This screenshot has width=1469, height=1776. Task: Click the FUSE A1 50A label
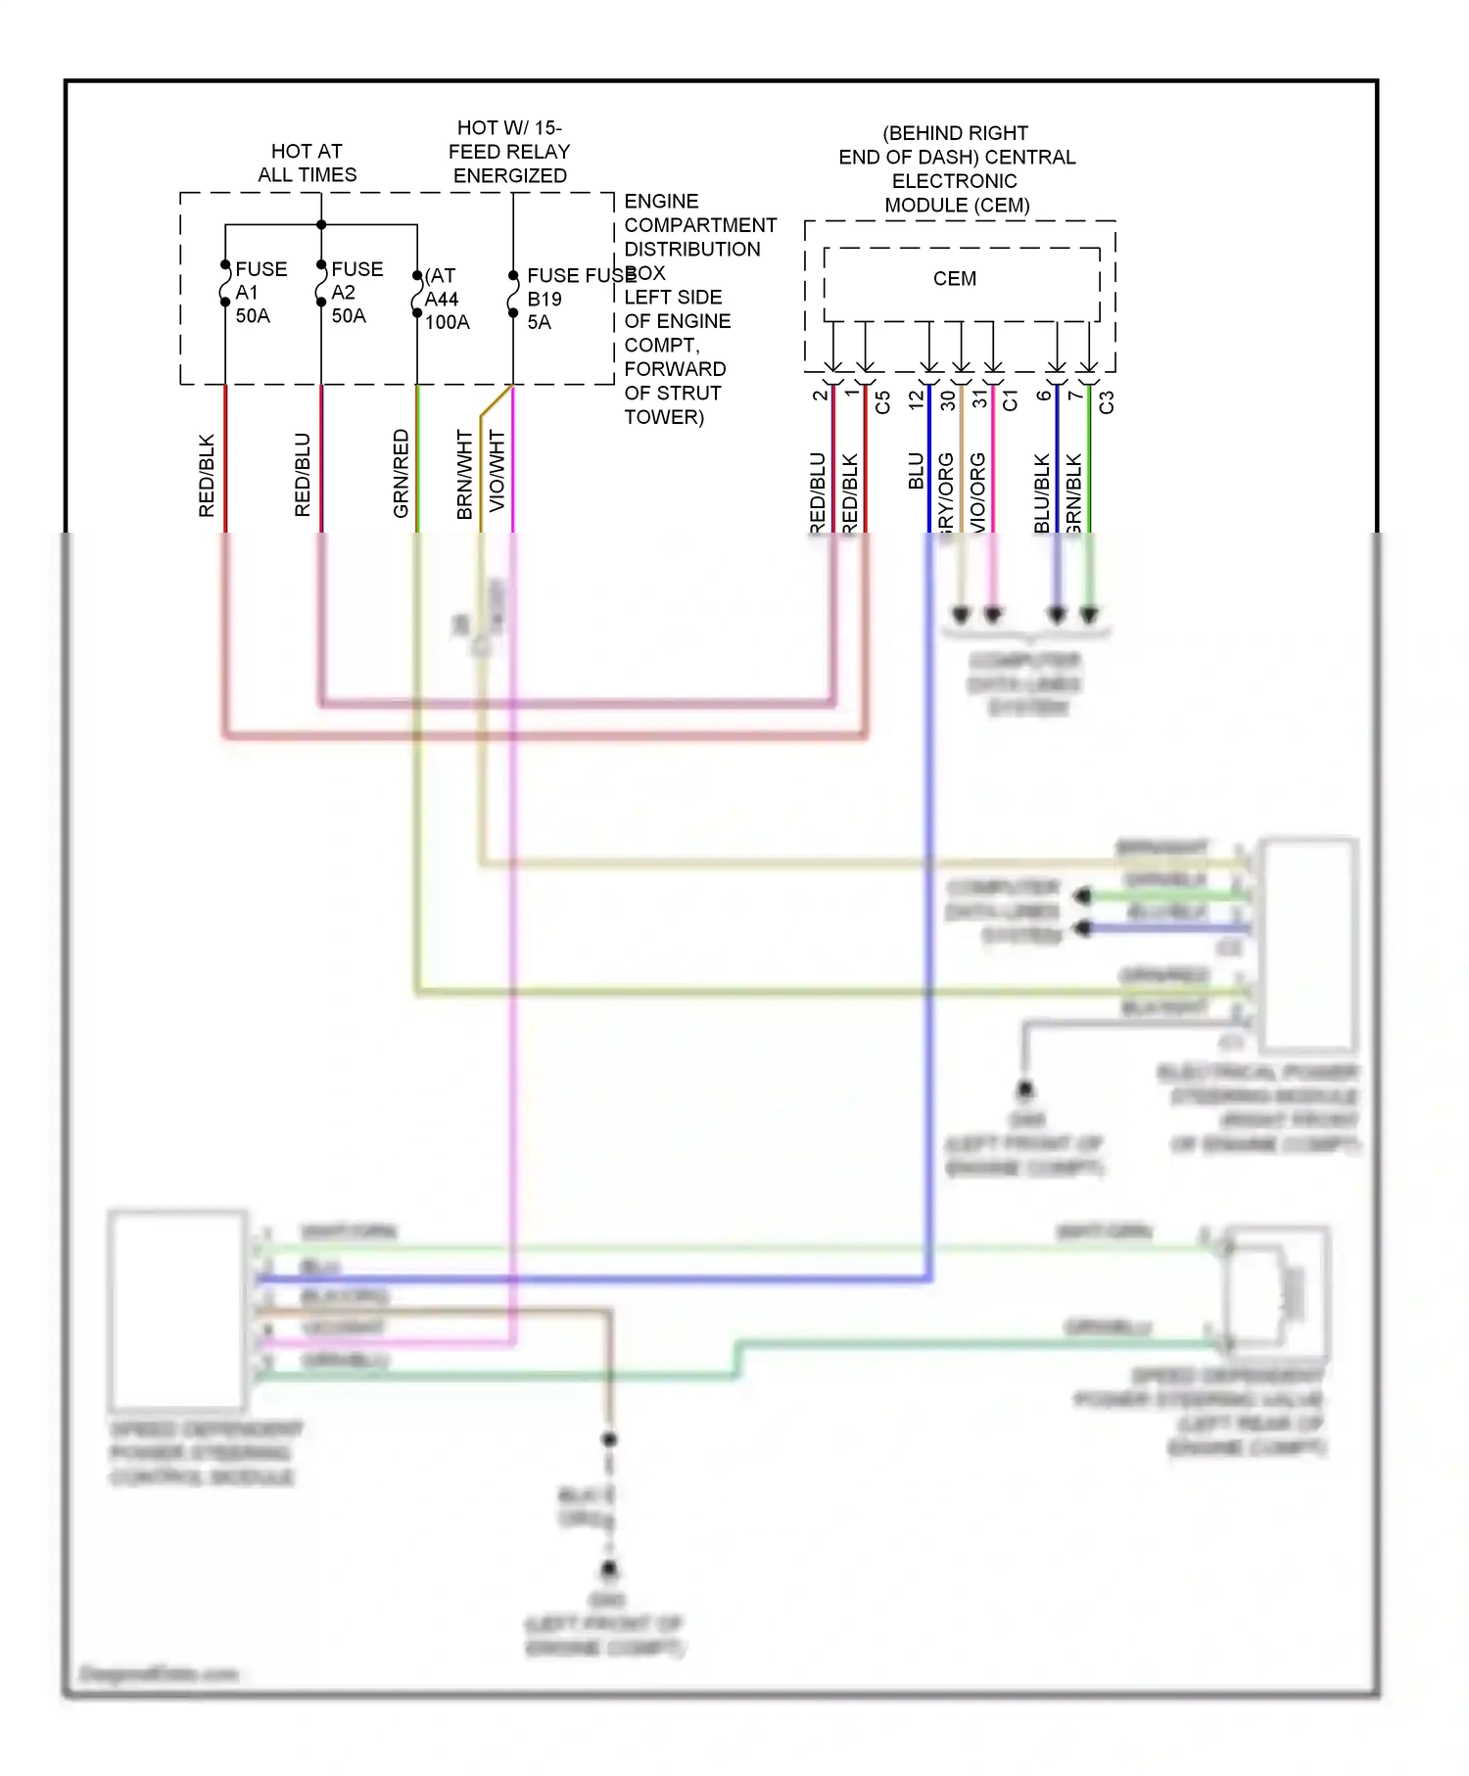tap(259, 292)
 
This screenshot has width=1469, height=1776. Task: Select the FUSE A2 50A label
tap(355, 292)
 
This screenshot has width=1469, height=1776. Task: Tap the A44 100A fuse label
tap(446, 300)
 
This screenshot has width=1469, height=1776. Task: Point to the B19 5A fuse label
tap(545, 300)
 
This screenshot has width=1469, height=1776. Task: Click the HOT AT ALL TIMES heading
tap(307, 163)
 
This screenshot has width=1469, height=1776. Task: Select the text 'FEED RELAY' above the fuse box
tap(508, 152)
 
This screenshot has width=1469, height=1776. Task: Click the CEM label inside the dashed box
tap(954, 279)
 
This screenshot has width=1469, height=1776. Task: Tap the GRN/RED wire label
tap(401, 474)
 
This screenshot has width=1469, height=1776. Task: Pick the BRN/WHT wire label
tap(464, 474)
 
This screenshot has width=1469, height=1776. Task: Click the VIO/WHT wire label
tap(497, 470)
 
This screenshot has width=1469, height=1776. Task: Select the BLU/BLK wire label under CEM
tap(1042, 492)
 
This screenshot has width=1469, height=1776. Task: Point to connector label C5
tap(882, 402)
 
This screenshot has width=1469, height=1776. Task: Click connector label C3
tap(1107, 402)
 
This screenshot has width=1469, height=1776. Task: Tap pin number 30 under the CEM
tap(947, 400)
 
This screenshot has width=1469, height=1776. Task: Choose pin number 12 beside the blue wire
tap(916, 399)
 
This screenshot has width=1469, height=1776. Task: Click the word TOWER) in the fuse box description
tap(664, 417)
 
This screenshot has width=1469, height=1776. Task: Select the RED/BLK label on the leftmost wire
tap(207, 476)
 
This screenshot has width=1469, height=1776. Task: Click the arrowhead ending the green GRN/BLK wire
tap(1089, 615)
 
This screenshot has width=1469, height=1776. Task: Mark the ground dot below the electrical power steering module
tap(1024, 1089)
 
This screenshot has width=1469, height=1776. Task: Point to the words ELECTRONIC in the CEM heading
tap(954, 181)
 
